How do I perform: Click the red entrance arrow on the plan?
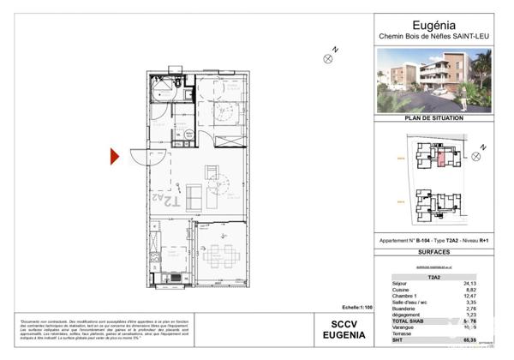[x=114, y=157]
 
